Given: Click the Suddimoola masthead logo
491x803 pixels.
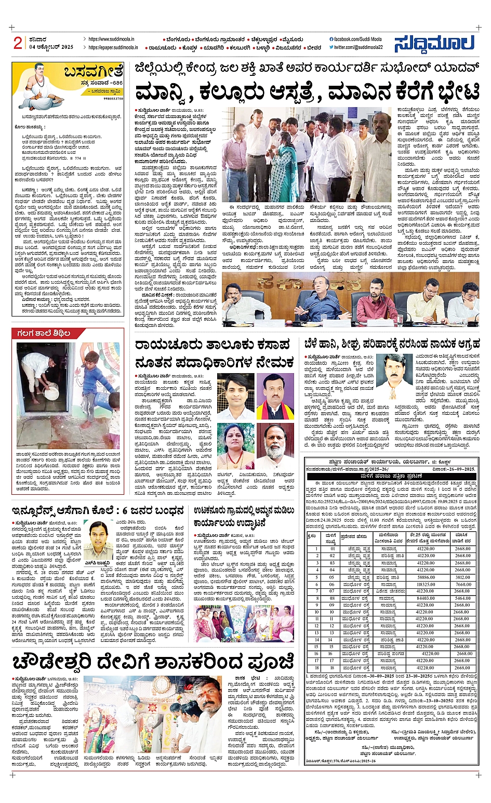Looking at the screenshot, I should coord(434,44).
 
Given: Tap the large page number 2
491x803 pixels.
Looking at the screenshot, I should coord(18,43).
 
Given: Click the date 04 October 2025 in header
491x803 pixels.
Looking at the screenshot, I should coord(51,47).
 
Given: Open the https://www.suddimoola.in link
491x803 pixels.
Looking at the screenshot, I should coord(111,39).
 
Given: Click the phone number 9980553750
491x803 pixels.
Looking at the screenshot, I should coord(113,98).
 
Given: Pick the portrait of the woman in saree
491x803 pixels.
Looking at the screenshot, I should coord(236,446).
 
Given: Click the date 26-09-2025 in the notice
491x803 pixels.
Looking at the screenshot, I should coord(457,469).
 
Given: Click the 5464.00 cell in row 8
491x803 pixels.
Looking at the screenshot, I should coord(462,598).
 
